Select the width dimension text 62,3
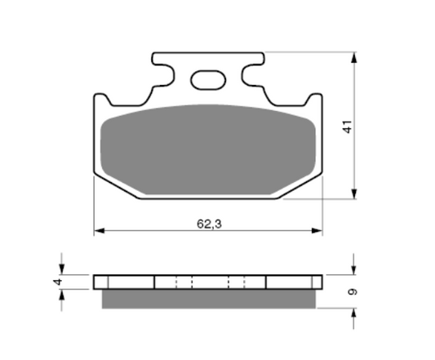[209, 222]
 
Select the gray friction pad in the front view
[208, 151]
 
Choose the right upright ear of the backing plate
[316, 101]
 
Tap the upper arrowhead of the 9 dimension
[354, 269]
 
